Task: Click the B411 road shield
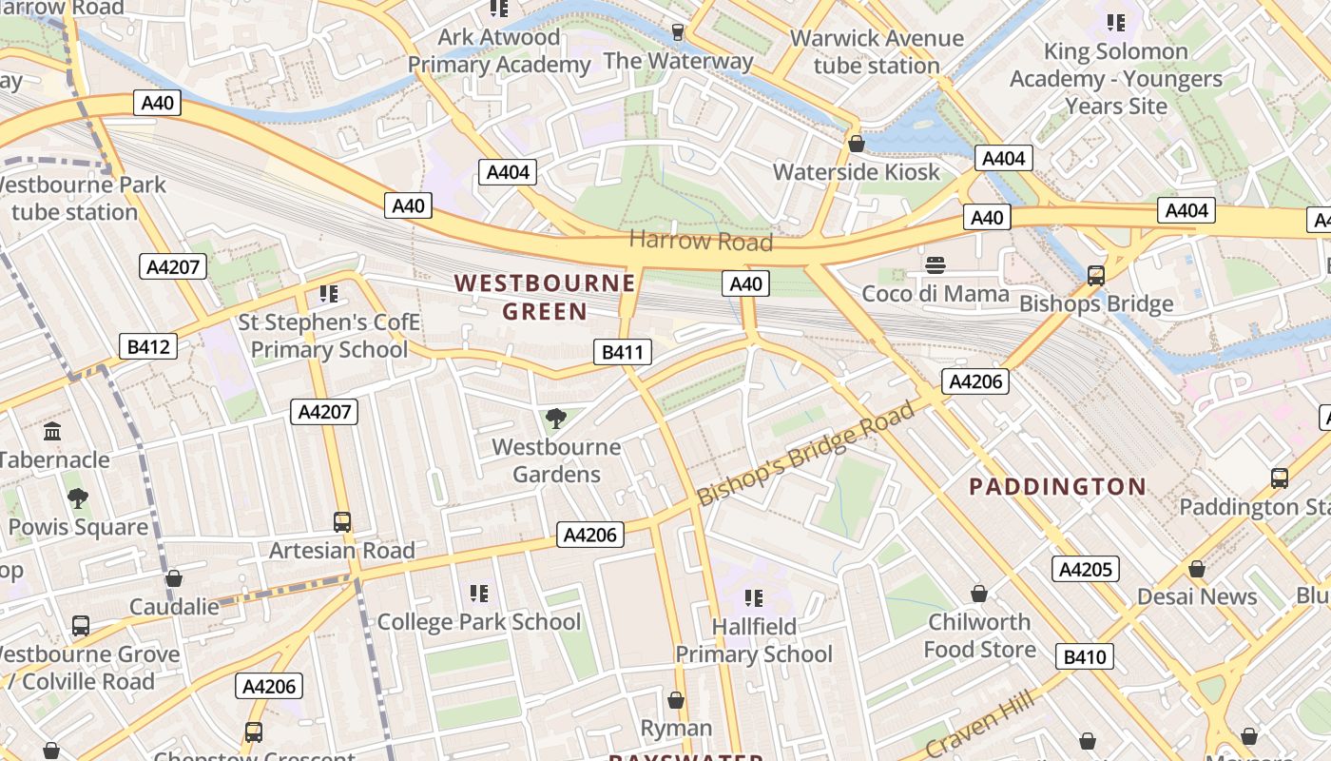click(x=623, y=352)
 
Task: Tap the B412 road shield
click(x=148, y=346)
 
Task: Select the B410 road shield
click(x=1085, y=656)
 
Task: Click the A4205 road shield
click(x=1085, y=569)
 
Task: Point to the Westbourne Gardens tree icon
click(x=556, y=418)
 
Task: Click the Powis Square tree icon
click(x=78, y=498)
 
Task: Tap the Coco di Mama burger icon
click(x=936, y=264)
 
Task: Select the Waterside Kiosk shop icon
click(x=856, y=144)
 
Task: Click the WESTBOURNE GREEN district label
click(x=545, y=297)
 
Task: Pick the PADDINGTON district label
click(x=1057, y=487)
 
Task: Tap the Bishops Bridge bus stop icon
click(x=1095, y=276)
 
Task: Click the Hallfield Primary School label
click(x=754, y=640)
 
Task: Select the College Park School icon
click(x=479, y=594)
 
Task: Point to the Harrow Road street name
click(x=701, y=240)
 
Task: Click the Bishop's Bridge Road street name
click(x=806, y=454)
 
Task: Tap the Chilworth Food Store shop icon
click(x=979, y=594)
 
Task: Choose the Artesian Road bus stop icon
click(x=342, y=521)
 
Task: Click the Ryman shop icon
click(x=676, y=700)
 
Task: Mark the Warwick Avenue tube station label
click(x=877, y=52)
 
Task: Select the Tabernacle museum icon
click(x=52, y=431)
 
